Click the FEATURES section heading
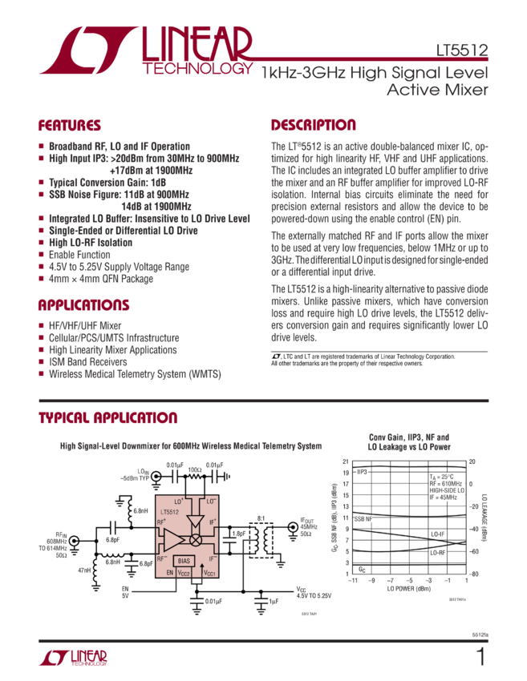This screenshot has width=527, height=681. pos(70,126)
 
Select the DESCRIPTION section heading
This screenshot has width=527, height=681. pos(313,126)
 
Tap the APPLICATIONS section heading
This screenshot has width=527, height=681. pos(83,306)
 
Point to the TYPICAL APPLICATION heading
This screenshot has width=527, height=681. pos(108,419)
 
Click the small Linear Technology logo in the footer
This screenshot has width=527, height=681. pos(72,659)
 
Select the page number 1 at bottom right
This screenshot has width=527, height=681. pos(480,657)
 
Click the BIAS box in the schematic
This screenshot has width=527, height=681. pos(184,561)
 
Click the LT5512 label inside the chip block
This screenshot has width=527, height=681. pos(169,512)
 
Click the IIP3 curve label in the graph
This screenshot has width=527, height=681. pos(362,473)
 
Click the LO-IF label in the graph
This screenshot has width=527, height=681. pos(437,534)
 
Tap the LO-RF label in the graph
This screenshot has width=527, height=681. pos(437,553)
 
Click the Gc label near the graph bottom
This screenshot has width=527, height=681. pos(362,569)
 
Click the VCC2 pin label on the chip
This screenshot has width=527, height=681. pos(184,574)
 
